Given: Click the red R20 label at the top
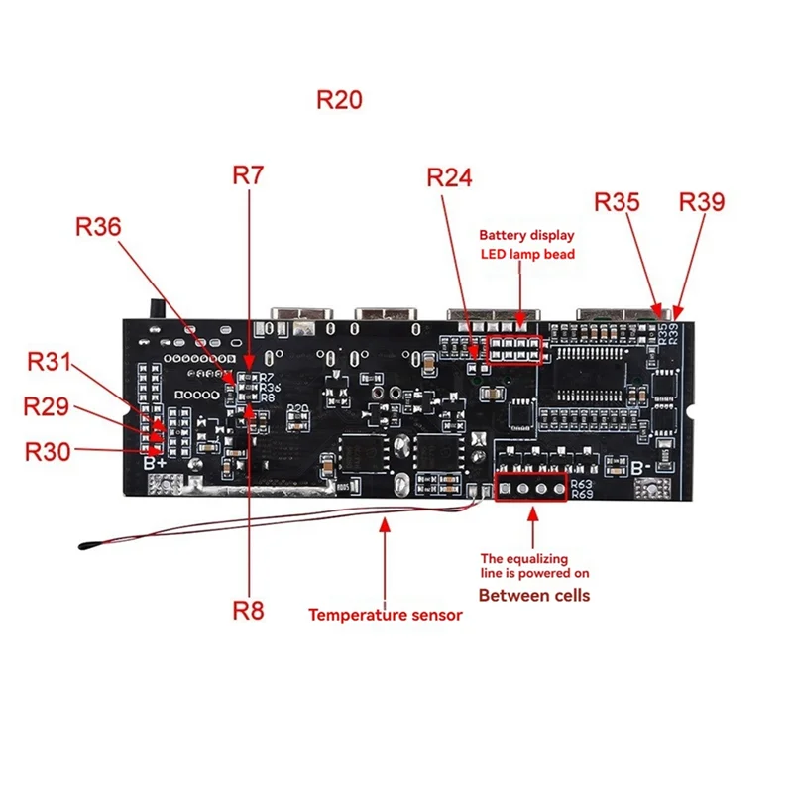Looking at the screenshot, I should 339,100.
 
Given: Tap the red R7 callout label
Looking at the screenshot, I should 248,175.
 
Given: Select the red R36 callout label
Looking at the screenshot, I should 98,226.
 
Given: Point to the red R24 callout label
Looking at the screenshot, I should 450,177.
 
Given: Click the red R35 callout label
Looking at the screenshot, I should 618,202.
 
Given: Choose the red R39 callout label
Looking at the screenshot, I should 702,202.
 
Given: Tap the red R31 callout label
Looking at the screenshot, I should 49,363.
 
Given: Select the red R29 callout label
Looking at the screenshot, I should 47,406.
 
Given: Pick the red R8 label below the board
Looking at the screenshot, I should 248,610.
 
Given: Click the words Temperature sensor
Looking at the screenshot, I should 385,615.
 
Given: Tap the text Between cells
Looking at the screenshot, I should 534,596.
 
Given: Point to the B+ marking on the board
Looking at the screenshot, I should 155,462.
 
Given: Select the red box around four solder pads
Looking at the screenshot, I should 530,486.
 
